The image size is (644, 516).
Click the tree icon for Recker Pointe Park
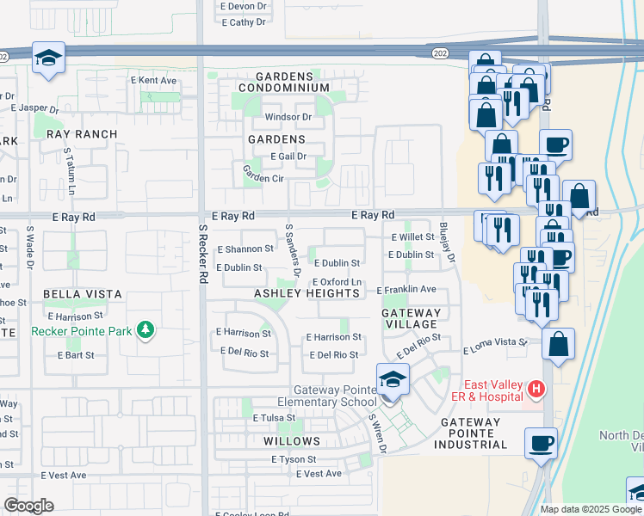pos(146,329)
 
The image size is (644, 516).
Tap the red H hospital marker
pos(536,390)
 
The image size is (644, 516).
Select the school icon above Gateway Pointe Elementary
pos(392,379)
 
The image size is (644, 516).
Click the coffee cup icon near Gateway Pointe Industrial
pos(541,442)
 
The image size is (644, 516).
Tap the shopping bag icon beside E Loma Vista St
pos(559,344)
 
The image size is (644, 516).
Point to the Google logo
pos(28,505)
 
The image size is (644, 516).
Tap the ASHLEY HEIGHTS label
pos(307,293)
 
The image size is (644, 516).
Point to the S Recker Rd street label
pos(203,255)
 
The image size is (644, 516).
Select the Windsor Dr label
pos(288,116)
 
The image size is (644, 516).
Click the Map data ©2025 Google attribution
pos(591,509)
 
